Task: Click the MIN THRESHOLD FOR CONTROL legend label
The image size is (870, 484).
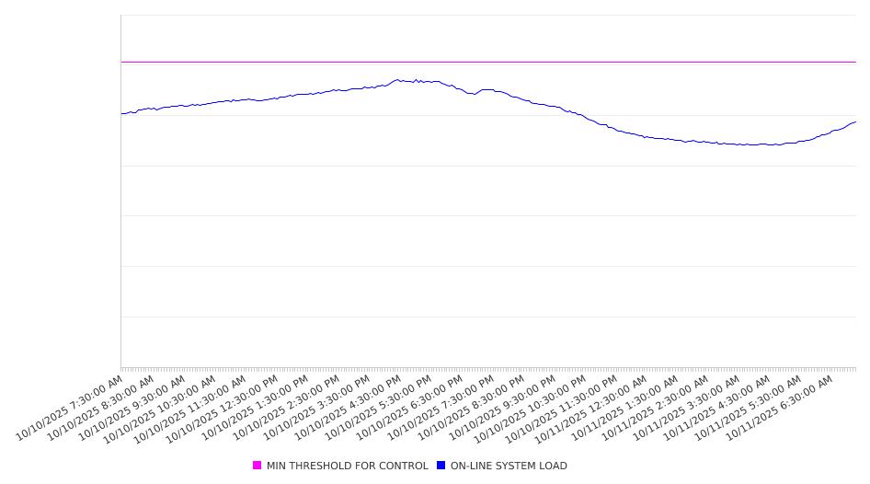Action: click(x=347, y=466)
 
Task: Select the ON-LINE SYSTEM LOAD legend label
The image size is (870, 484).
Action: click(x=509, y=466)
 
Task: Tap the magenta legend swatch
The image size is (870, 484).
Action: click(x=258, y=466)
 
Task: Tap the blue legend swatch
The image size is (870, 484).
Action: click(x=441, y=466)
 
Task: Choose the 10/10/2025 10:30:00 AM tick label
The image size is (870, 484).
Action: click(x=162, y=408)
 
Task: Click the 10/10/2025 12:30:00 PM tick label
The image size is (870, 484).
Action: click(x=223, y=408)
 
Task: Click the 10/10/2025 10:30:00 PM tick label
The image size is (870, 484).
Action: click(x=532, y=408)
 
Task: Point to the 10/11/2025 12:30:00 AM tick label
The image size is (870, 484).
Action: click(x=593, y=408)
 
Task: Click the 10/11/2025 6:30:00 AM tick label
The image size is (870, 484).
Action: click(x=781, y=406)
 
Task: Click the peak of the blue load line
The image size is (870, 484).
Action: click(x=397, y=79)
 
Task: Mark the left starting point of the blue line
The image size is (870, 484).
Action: click(x=121, y=114)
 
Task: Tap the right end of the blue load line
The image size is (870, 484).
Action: click(x=855, y=121)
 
